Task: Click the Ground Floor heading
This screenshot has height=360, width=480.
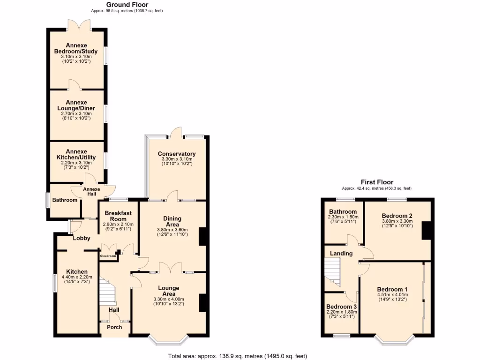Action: click(120, 5)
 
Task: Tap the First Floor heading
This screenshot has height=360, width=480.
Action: click(377, 182)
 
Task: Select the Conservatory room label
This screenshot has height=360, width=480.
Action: click(177, 154)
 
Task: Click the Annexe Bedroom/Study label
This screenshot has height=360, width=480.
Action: click(77, 48)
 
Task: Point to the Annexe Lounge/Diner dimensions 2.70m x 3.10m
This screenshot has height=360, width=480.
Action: click(76, 113)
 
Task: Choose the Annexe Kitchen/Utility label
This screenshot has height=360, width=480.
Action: click(76, 154)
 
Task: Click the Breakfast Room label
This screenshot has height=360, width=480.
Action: click(118, 216)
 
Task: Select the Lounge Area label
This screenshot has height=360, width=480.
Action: click(169, 291)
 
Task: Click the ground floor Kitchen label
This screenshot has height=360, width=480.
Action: click(77, 272)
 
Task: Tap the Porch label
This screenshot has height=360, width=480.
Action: click(114, 327)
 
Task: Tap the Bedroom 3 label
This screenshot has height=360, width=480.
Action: click(341, 307)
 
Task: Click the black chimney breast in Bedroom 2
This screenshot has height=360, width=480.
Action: click(426, 230)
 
